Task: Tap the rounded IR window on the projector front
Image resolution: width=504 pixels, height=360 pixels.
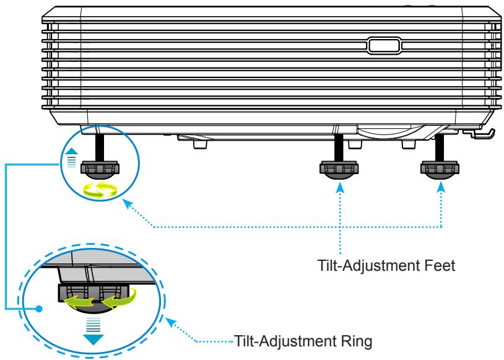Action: (x=384, y=45)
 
